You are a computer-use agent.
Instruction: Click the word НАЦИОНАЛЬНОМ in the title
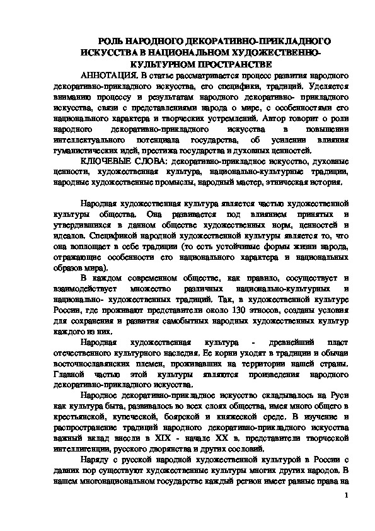172,52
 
